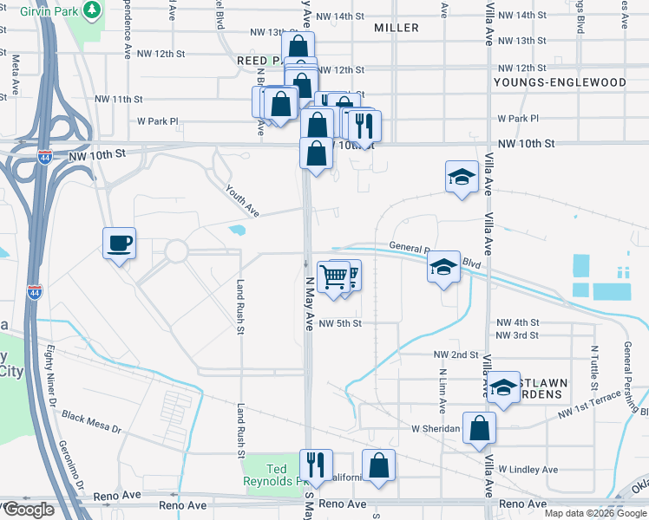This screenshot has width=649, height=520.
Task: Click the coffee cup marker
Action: [119, 244]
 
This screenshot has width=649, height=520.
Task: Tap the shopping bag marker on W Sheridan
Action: [479, 429]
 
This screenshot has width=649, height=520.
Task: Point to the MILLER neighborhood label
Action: [397, 28]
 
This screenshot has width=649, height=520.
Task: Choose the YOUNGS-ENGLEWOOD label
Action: [560, 82]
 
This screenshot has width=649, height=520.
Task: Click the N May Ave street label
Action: [309, 303]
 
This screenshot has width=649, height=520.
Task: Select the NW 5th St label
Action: [339, 323]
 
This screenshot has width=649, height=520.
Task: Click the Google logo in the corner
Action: [28, 510]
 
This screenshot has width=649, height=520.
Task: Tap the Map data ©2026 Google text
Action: [595, 513]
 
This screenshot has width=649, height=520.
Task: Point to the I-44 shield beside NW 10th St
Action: [46, 157]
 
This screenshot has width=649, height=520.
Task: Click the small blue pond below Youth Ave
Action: [236, 231]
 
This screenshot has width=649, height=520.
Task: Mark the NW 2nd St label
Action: [456, 354]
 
